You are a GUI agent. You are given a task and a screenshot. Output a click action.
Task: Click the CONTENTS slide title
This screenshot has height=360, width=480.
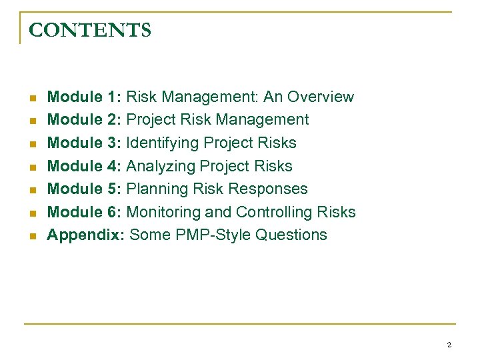tap(91, 31)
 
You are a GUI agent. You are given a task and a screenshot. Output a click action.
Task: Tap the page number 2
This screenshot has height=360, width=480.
tap(449, 345)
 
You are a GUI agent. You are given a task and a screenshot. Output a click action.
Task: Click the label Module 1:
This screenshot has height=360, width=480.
tap(84, 97)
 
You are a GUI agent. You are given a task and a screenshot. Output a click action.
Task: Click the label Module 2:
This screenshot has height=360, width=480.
tap(84, 120)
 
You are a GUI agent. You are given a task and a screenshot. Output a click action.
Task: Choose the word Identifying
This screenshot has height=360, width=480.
tap(163, 143)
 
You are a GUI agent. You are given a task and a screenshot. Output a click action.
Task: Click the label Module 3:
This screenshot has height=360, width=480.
tap(84, 143)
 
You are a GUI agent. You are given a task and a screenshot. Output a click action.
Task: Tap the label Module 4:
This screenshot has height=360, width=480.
tap(84, 166)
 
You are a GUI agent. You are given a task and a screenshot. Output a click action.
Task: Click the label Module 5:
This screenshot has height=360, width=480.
tap(84, 189)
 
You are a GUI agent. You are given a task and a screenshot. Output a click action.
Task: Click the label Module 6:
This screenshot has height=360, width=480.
tap(84, 213)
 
